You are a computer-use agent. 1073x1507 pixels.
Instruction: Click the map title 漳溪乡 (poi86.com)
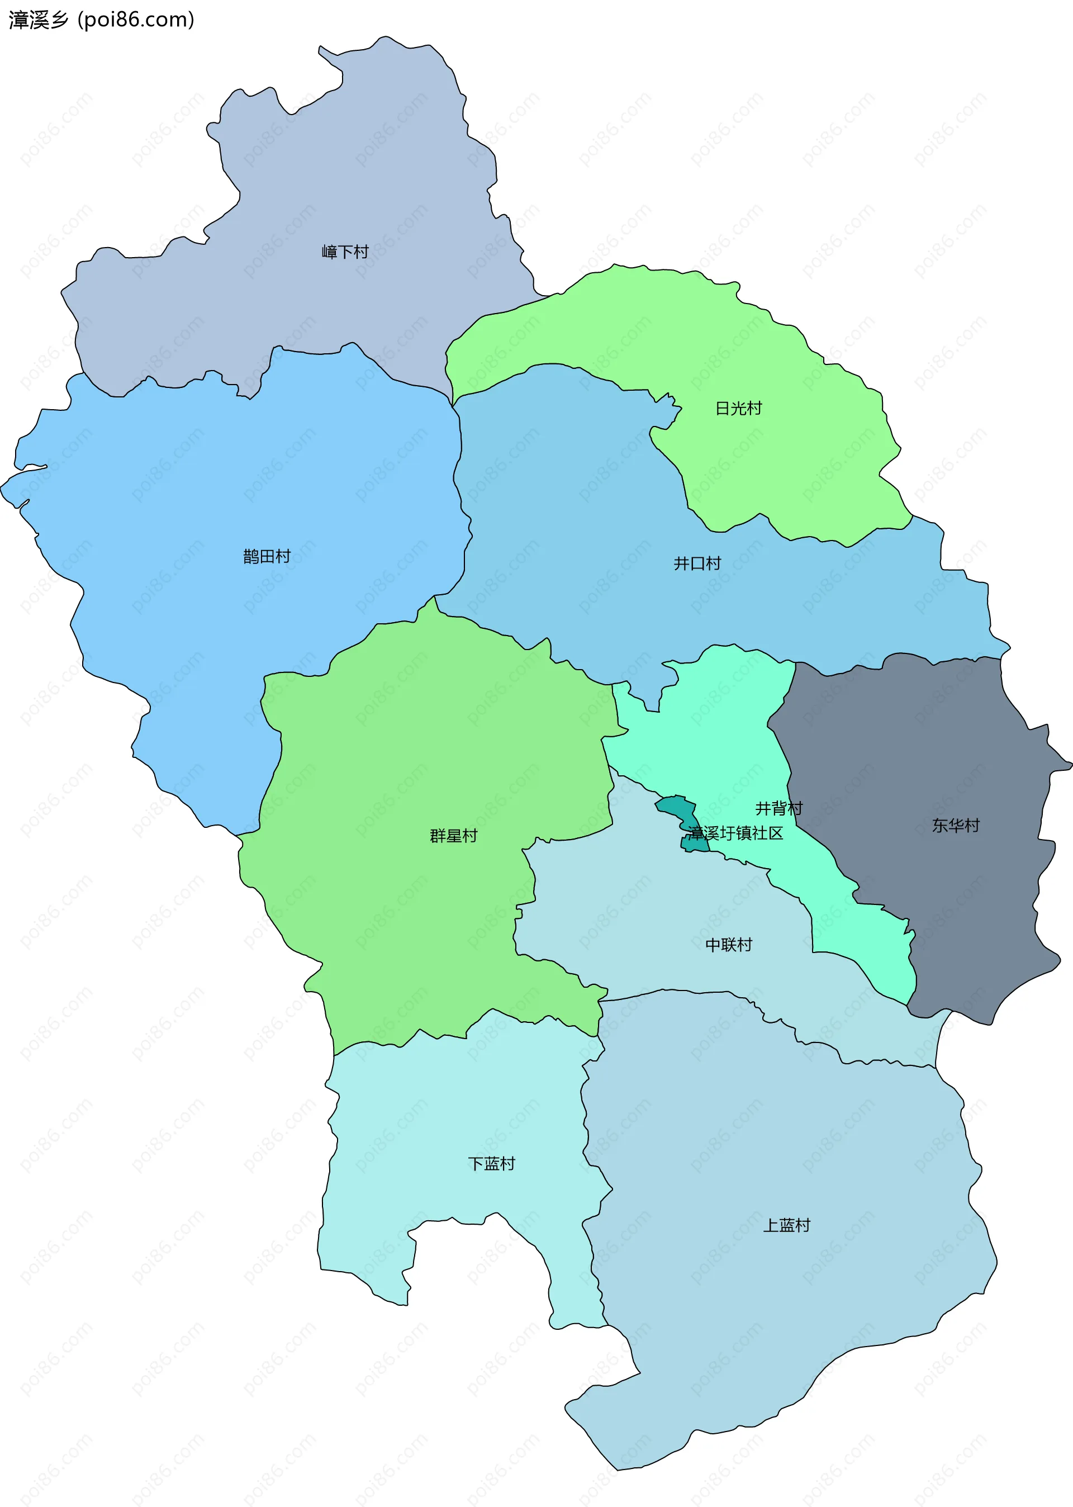coord(101,20)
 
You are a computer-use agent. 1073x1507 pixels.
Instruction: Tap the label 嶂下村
coord(344,252)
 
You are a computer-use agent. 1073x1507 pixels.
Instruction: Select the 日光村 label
coord(738,408)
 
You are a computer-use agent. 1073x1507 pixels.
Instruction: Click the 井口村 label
coord(696,563)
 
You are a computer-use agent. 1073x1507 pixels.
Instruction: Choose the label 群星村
coord(453,836)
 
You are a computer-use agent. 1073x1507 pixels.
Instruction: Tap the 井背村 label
coord(778,808)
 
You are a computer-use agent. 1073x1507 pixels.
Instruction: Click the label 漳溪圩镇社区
coord(735,833)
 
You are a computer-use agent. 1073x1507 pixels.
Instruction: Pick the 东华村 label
coord(956,825)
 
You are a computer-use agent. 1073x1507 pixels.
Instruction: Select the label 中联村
coord(728,945)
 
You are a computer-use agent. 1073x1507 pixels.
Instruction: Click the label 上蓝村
coord(786,1225)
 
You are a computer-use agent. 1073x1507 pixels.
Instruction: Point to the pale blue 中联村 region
coord(628,925)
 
